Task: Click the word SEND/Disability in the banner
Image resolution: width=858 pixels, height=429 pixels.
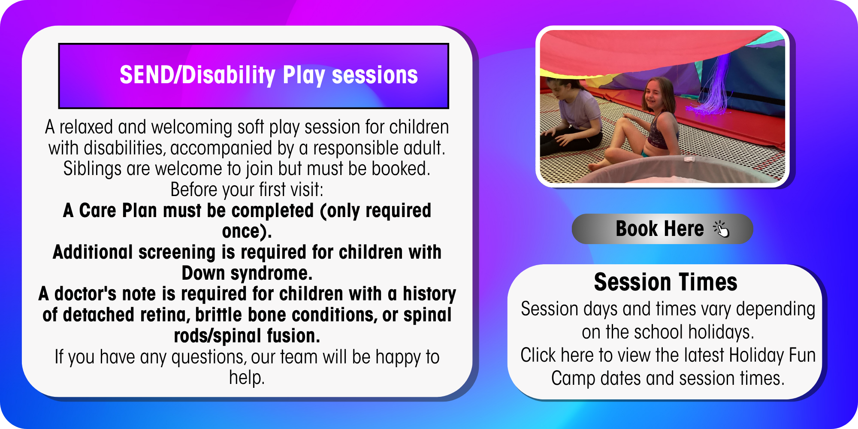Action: pos(197,75)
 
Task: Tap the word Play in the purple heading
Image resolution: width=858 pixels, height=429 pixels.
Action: pos(304,76)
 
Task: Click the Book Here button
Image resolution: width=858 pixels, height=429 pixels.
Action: pos(662,229)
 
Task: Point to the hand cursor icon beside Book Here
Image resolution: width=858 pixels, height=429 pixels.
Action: pos(721,229)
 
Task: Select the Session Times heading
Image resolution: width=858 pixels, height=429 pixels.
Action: pos(665,282)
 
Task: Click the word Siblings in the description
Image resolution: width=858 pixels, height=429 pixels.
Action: pos(92,169)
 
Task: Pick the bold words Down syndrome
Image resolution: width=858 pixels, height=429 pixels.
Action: pos(247,273)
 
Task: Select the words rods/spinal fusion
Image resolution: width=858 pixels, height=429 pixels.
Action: pos(247,336)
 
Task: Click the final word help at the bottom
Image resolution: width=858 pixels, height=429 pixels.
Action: pos(247,378)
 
